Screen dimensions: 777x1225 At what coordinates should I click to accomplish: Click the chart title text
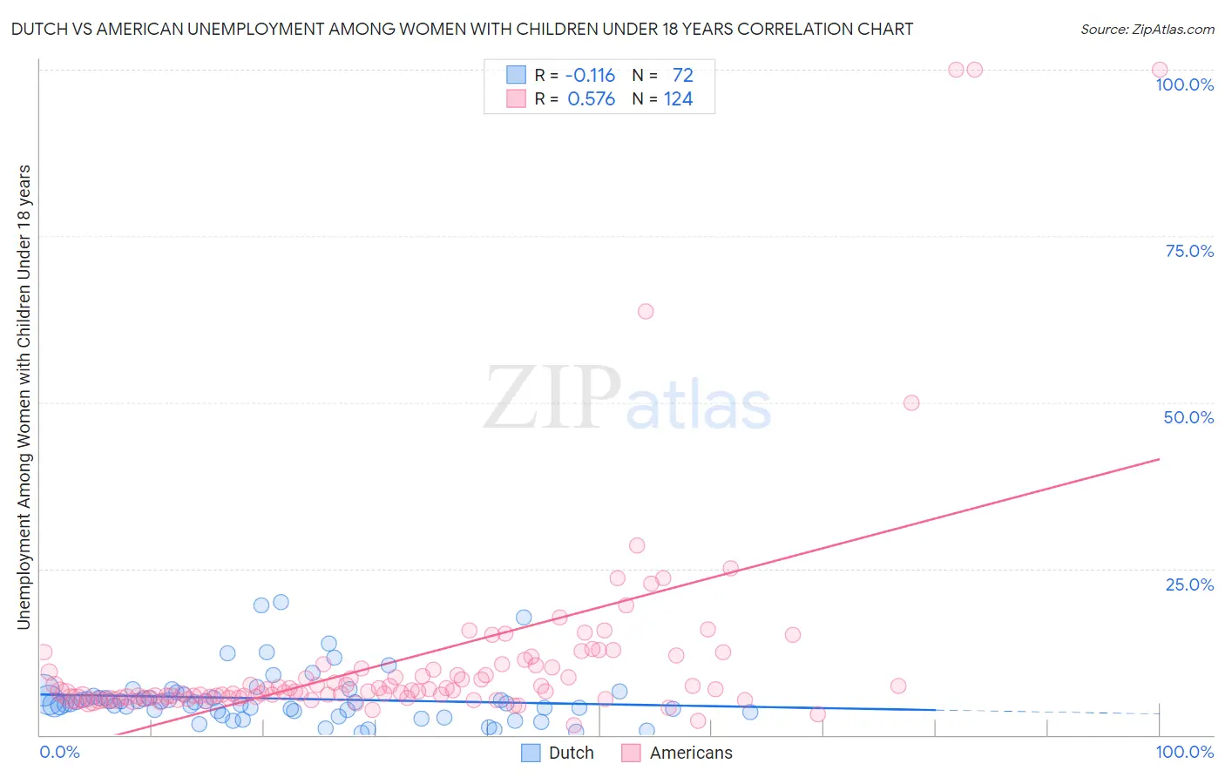pyautogui.click(x=462, y=29)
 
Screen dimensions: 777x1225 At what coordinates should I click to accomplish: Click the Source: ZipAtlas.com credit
pyautogui.click(x=1147, y=29)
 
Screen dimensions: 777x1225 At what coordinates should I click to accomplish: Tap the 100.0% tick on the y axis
pyautogui.click(x=1184, y=84)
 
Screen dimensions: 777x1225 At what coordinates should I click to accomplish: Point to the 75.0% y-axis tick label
pyautogui.click(x=1189, y=251)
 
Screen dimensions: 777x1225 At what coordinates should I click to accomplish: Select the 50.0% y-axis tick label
pyautogui.click(x=1188, y=417)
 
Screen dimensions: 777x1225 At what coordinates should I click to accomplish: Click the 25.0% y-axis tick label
pyautogui.click(x=1189, y=584)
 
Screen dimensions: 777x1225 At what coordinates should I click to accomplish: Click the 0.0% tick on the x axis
pyautogui.click(x=59, y=752)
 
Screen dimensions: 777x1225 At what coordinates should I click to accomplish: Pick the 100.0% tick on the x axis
pyautogui.click(x=1184, y=752)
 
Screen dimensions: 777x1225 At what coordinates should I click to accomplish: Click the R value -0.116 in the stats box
pyautogui.click(x=590, y=76)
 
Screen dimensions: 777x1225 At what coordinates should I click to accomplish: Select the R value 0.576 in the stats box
pyautogui.click(x=591, y=99)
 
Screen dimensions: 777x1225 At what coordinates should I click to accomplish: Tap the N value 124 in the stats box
pyautogui.click(x=678, y=99)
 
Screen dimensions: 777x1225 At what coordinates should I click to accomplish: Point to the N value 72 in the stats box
pyautogui.click(x=682, y=76)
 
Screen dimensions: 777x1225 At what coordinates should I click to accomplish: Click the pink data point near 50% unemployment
pyautogui.click(x=911, y=402)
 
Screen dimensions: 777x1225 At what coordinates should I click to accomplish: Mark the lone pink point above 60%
pyautogui.click(x=646, y=311)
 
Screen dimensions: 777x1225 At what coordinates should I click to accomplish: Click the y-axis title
pyautogui.click(x=24, y=396)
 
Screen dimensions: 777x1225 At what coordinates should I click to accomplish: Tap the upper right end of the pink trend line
pyautogui.click(x=1159, y=459)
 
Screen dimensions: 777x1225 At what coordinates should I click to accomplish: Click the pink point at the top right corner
pyautogui.click(x=1160, y=70)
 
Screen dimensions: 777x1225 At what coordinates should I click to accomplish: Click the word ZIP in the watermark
pyautogui.click(x=552, y=398)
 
